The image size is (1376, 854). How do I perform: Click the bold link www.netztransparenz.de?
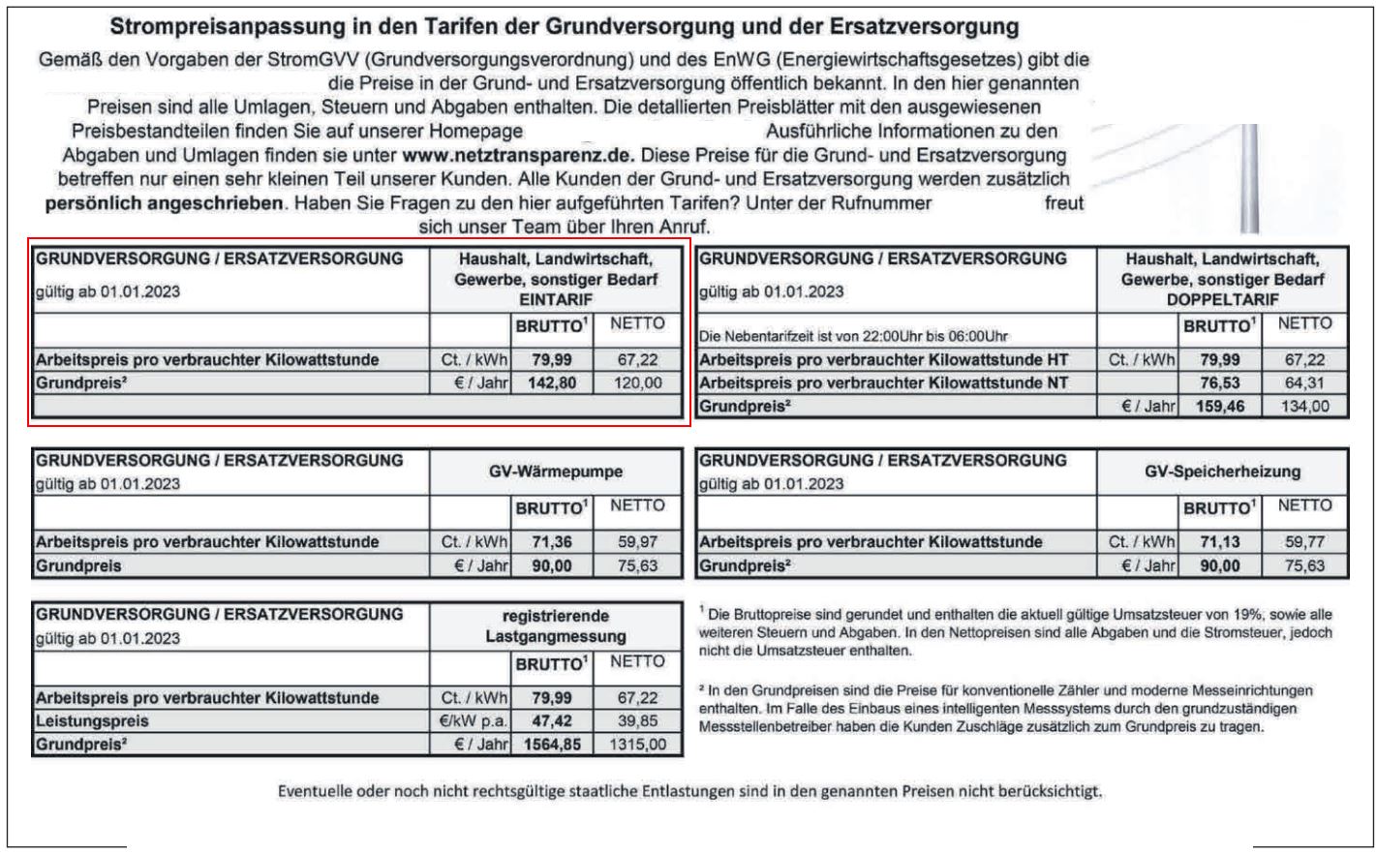click(517, 155)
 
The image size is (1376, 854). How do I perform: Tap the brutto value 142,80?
click(551, 383)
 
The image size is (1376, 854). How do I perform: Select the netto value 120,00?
click(638, 383)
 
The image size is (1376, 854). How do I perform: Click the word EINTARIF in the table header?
click(556, 300)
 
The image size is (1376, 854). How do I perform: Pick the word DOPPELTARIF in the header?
click(1222, 300)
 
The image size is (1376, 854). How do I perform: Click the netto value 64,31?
click(1305, 383)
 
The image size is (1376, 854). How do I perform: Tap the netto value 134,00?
click(1305, 407)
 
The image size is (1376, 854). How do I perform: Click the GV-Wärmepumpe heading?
click(556, 473)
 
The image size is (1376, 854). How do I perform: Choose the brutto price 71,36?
click(551, 542)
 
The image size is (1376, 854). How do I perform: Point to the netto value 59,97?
click(638, 542)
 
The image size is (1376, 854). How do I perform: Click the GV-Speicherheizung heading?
click(1222, 473)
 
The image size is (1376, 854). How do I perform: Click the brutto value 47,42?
click(551, 721)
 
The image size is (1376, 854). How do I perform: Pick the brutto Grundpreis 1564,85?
click(551, 745)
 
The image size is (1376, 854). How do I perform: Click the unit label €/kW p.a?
click(472, 721)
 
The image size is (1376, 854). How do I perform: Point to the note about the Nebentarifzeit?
click(853, 337)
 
